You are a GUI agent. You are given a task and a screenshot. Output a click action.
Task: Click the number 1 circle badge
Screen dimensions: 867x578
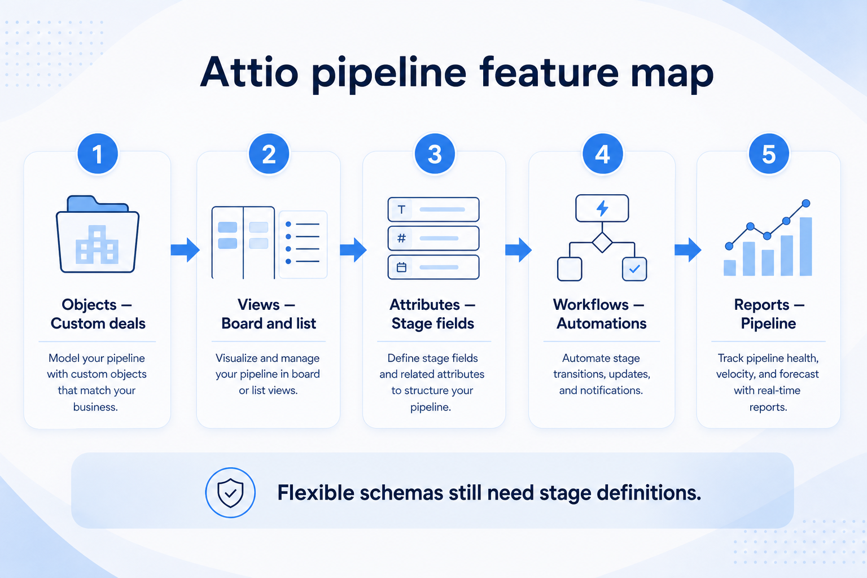[98, 154]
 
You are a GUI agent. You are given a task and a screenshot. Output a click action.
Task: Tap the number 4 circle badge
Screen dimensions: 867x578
[603, 154]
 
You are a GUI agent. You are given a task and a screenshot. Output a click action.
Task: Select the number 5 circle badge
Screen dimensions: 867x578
[769, 154]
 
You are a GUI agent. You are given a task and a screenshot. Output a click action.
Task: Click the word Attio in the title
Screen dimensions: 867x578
[249, 73]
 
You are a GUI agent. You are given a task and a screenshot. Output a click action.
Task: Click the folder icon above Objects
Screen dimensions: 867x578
[98, 234]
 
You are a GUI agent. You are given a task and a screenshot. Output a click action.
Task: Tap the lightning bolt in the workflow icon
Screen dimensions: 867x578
[602, 208]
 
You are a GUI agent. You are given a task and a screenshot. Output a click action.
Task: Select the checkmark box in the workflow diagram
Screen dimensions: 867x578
[634, 269]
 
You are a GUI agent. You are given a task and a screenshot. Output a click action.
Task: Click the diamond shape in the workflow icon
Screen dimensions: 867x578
[602, 242]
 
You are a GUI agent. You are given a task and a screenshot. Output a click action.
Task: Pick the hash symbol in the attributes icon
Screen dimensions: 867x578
[402, 238]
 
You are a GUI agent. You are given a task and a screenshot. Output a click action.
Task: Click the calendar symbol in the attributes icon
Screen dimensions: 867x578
[402, 267]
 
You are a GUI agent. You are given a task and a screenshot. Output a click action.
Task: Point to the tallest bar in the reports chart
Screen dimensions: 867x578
[806, 247]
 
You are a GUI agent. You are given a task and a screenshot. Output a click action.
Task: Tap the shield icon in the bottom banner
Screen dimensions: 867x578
[230, 492]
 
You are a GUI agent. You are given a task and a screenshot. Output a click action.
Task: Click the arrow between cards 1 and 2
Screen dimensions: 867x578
[185, 249]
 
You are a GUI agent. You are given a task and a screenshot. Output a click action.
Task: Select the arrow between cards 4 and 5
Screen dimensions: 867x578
[688, 249]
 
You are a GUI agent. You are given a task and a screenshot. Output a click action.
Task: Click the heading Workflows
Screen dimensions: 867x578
[590, 305]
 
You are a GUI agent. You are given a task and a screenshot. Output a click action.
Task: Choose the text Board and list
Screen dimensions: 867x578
[269, 323]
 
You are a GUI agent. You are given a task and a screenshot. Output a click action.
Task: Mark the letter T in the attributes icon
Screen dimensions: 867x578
[401, 209]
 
